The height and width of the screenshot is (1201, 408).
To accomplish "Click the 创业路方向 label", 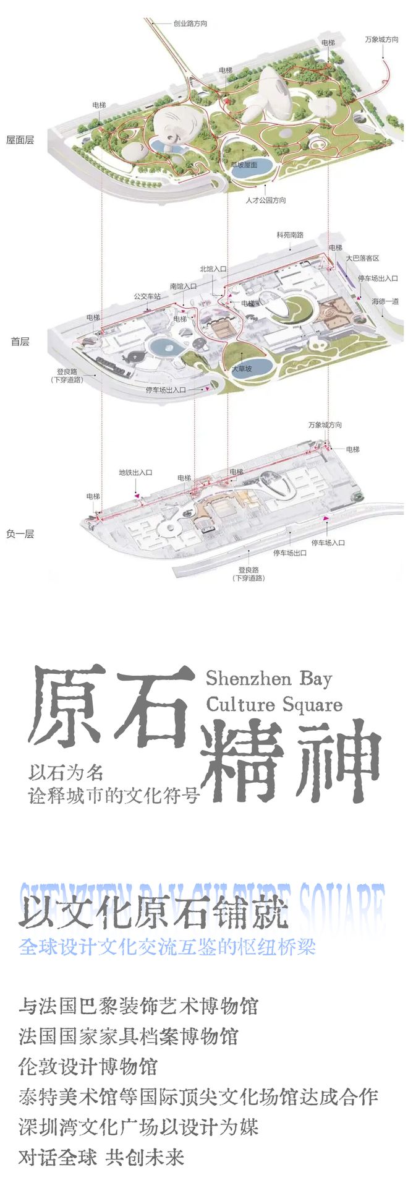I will [190, 24].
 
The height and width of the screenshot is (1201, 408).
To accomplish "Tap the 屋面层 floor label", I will [20, 140].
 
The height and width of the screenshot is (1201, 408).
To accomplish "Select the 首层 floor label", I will [20, 341].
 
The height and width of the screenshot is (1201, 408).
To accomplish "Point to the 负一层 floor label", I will [20, 533].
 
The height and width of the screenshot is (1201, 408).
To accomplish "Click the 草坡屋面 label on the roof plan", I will [244, 165].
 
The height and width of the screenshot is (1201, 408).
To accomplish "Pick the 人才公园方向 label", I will [266, 200].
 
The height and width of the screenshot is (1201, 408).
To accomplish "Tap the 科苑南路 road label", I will [290, 235].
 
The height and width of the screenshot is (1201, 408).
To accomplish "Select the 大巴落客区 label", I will [362, 258].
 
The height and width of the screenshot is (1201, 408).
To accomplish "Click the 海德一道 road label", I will [385, 301].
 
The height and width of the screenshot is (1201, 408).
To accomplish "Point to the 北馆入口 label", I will [213, 269].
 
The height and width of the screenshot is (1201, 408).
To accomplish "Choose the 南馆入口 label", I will [183, 286].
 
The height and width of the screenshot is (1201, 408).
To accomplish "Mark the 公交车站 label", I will [147, 296].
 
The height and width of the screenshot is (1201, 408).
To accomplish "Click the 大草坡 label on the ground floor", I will [242, 369].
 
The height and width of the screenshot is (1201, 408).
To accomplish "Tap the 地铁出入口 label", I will [135, 473].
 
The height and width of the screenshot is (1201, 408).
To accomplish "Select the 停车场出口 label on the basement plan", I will [290, 553].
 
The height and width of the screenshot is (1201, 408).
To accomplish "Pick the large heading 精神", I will [291, 762].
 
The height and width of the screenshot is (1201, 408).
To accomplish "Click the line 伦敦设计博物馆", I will [88, 1067].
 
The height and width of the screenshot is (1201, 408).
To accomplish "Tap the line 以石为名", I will [66, 772].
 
